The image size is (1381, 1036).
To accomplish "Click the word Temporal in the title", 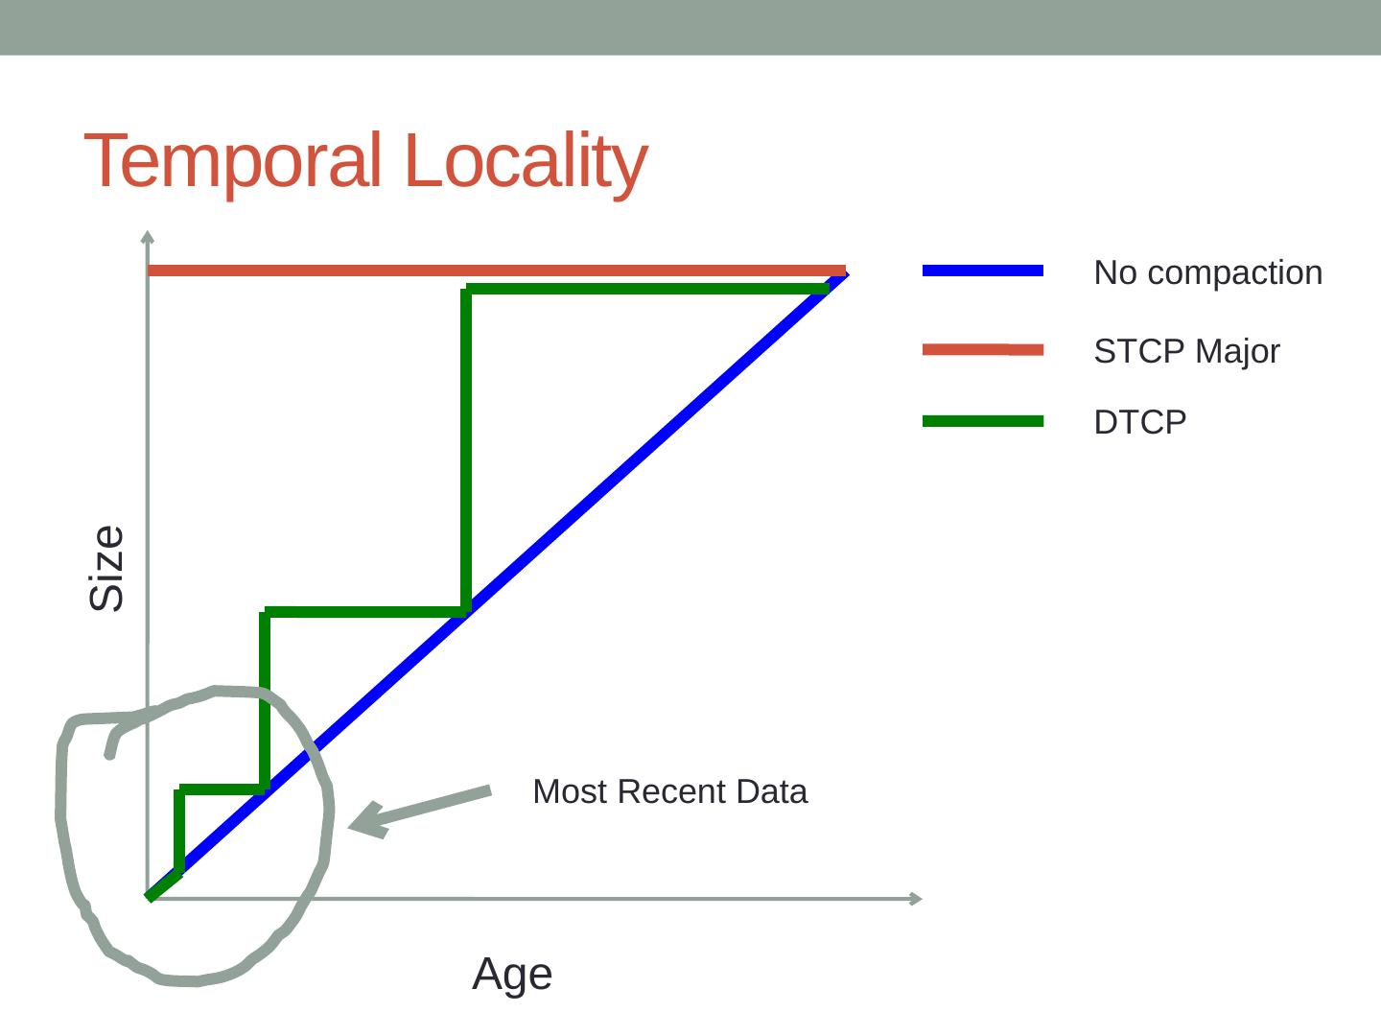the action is (x=233, y=161).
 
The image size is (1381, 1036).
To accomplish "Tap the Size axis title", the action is (x=106, y=568).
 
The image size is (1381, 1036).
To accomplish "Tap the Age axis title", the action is (x=512, y=975).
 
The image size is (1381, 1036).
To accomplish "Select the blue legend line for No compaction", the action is (x=982, y=271).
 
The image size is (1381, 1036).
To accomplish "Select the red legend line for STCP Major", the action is (x=982, y=350).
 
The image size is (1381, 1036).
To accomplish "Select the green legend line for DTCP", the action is (x=982, y=421).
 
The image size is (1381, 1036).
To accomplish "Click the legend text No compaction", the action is (x=1207, y=272).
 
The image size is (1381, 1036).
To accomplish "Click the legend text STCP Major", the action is (x=1186, y=351).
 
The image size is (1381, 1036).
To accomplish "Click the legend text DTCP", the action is (x=1139, y=422).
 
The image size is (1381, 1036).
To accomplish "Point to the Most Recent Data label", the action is (x=669, y=791).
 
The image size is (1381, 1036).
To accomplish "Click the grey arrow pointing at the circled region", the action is (x=422, y=808).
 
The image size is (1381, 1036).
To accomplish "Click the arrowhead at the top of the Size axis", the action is (x=147, y=236).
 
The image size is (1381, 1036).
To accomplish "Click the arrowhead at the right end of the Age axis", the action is (x=915, y=898).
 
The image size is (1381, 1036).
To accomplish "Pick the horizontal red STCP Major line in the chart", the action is (x=480, y=271).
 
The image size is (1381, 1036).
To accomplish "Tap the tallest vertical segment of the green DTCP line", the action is (x=466, y=451).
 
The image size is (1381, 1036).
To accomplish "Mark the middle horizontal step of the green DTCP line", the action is (x=364, y=611).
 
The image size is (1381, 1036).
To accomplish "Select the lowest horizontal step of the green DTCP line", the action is (x=222, y=789).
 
